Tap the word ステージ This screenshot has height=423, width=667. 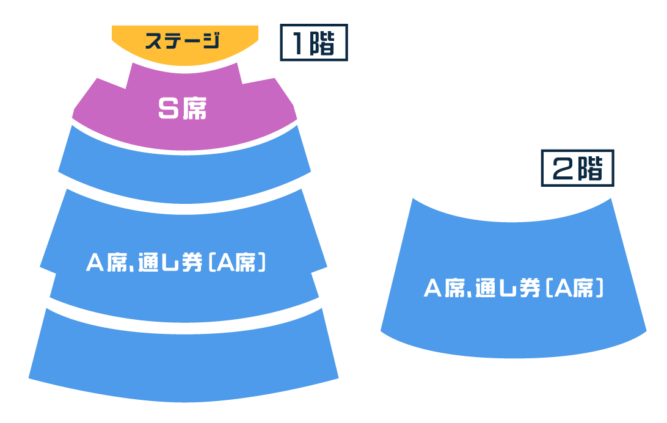tap(182, 41)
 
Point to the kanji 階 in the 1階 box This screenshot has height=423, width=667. tap(324, 43)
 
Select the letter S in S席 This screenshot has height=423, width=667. tap(167, 109)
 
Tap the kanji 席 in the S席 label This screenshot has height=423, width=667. tap(194, 109)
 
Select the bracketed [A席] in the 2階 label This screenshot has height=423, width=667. tap(574, 288)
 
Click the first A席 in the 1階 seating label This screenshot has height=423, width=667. tap(104, 263)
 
